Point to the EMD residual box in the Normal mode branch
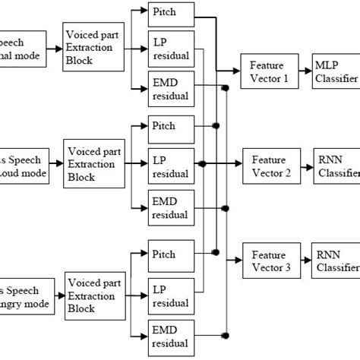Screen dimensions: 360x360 click(172, 90)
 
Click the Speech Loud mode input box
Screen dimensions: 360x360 click(23, 166)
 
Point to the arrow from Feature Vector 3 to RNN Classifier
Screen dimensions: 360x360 click(303, 260)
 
